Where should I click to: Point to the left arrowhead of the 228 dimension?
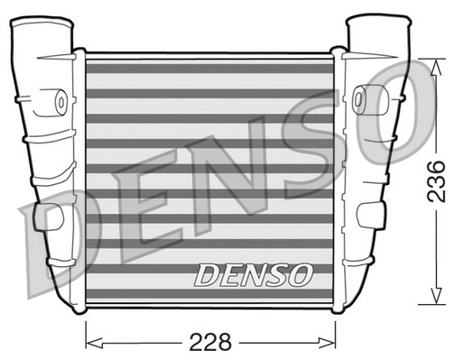pos(89,344)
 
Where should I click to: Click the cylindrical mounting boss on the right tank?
pos(361,95)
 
